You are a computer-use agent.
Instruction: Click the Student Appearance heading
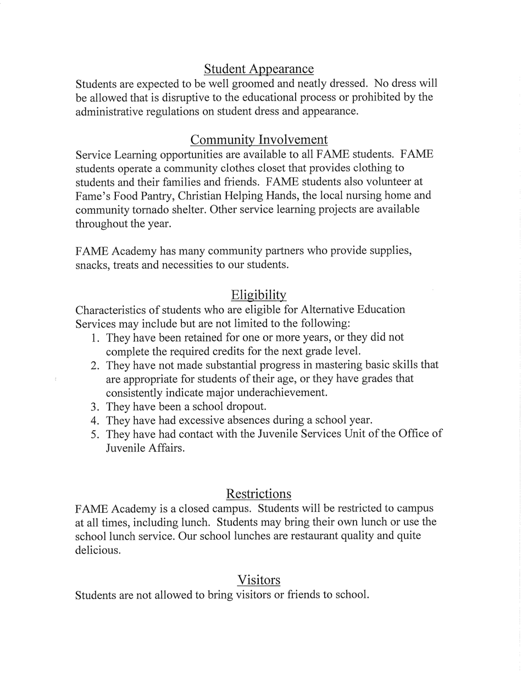coord(259,69)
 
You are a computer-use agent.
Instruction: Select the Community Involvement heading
coord(259,140)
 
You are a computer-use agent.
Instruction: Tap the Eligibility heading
coord(259,295)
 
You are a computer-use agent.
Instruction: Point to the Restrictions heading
coord(258,493)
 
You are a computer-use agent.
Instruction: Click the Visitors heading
coord(259,580)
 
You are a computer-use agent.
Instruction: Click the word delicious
coord(97,551)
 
